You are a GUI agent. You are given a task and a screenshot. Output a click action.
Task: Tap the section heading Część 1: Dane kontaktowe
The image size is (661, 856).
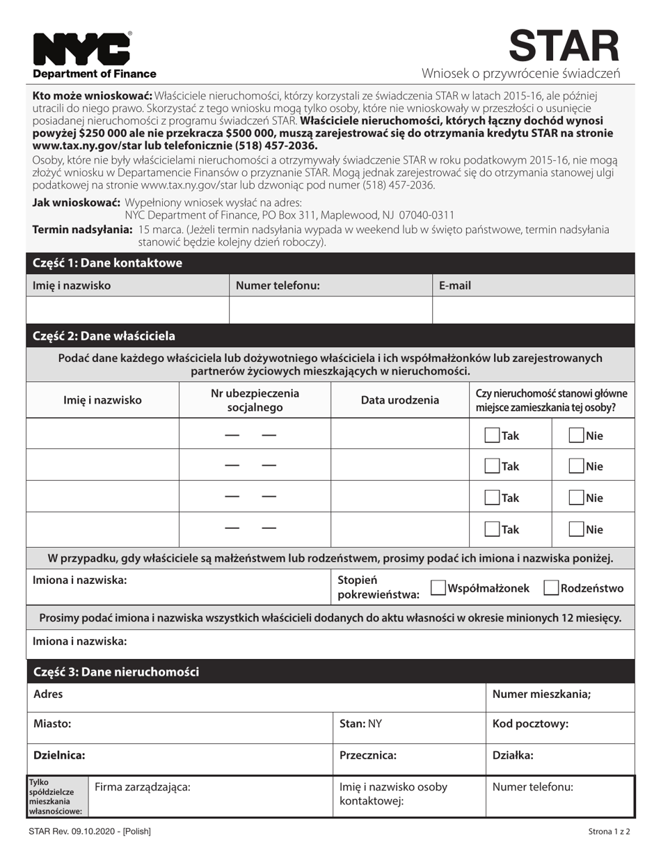107,263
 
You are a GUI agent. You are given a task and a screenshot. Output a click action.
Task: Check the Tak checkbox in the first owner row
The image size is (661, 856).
492,436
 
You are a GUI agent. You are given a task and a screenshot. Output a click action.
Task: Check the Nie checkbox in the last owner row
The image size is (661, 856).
576,529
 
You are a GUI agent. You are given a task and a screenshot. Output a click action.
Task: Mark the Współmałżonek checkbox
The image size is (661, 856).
438,588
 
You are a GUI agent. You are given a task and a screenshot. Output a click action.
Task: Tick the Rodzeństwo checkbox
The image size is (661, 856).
551,588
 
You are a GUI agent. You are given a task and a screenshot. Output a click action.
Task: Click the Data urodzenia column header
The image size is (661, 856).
399,399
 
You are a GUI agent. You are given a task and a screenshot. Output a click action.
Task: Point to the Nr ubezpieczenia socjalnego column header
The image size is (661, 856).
255,400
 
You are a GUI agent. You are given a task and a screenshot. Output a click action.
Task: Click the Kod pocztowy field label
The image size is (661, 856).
530,724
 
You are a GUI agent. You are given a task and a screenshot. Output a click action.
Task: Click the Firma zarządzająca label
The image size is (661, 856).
142,787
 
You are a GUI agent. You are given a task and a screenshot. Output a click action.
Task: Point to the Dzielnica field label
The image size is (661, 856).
59,755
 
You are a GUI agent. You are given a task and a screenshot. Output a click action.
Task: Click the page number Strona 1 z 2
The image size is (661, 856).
609,832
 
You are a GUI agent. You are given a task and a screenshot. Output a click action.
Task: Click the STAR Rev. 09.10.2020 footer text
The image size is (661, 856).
90,832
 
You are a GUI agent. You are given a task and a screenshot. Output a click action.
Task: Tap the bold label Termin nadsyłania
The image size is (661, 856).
82,230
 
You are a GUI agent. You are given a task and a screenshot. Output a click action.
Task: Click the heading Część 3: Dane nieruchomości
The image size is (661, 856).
116,672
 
